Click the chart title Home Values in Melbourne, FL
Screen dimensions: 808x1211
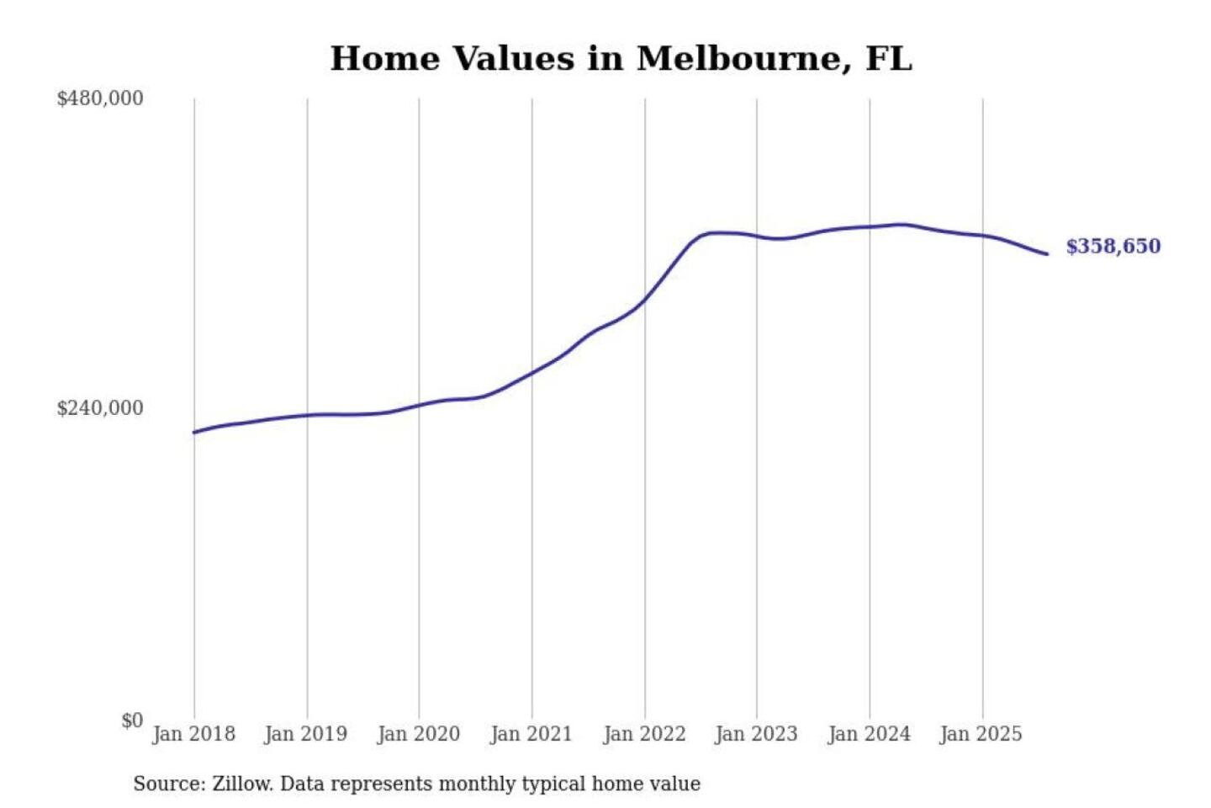coord(621,59)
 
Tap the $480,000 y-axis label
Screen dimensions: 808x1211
coord(99,98)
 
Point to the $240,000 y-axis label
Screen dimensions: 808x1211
coord(99,408)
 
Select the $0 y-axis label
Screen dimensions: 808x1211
coord(132,720)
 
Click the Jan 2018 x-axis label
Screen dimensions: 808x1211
coord(193,734)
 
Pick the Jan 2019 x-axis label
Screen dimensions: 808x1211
coord(305,734)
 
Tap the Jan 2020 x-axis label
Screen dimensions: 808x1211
coord(418,734)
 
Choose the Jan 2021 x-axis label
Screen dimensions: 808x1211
coord(531,734)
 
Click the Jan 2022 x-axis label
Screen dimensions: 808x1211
coord(644,734)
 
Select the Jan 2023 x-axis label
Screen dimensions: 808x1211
coord(756,734)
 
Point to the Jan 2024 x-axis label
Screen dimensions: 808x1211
coord(869,734)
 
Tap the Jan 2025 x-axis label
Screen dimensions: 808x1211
coord(981,734)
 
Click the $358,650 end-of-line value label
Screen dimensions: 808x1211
coord(1113,247)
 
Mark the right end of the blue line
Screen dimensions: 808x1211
coord(1047,254)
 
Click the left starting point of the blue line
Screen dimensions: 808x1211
coord(194,433)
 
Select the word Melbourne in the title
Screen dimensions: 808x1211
coord(738,59)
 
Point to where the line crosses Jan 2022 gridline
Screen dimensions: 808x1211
coord(645,300)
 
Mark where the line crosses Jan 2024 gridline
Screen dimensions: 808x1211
coord(870,227)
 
